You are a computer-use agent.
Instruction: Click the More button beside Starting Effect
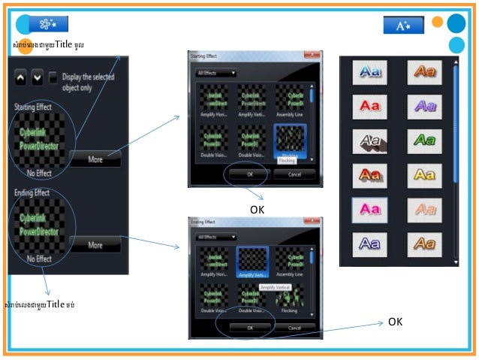pos(95,159)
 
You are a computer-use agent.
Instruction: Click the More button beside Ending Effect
pos(95,245)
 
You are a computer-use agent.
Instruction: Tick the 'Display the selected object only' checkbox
pos(53,77)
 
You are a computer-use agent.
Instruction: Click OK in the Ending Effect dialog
pos(250,328)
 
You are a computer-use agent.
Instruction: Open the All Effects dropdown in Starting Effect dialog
pos(215,73)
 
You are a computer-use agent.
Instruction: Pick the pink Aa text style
pos(369,208)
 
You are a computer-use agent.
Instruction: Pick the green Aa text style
pos(424,140)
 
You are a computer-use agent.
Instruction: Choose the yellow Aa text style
pos(424,174)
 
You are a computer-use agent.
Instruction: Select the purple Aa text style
pos(424,106)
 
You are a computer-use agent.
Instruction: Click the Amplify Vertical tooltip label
pos(276,288)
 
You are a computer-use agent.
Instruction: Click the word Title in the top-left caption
pos(63,44)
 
